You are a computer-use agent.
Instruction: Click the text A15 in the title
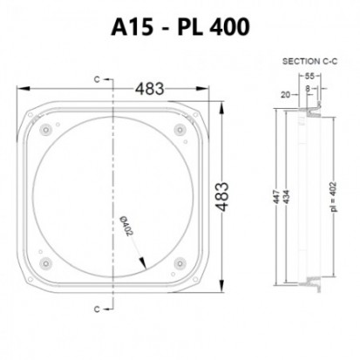[x=132, y=28]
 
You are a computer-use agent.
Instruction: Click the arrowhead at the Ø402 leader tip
[x=142, y=266]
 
